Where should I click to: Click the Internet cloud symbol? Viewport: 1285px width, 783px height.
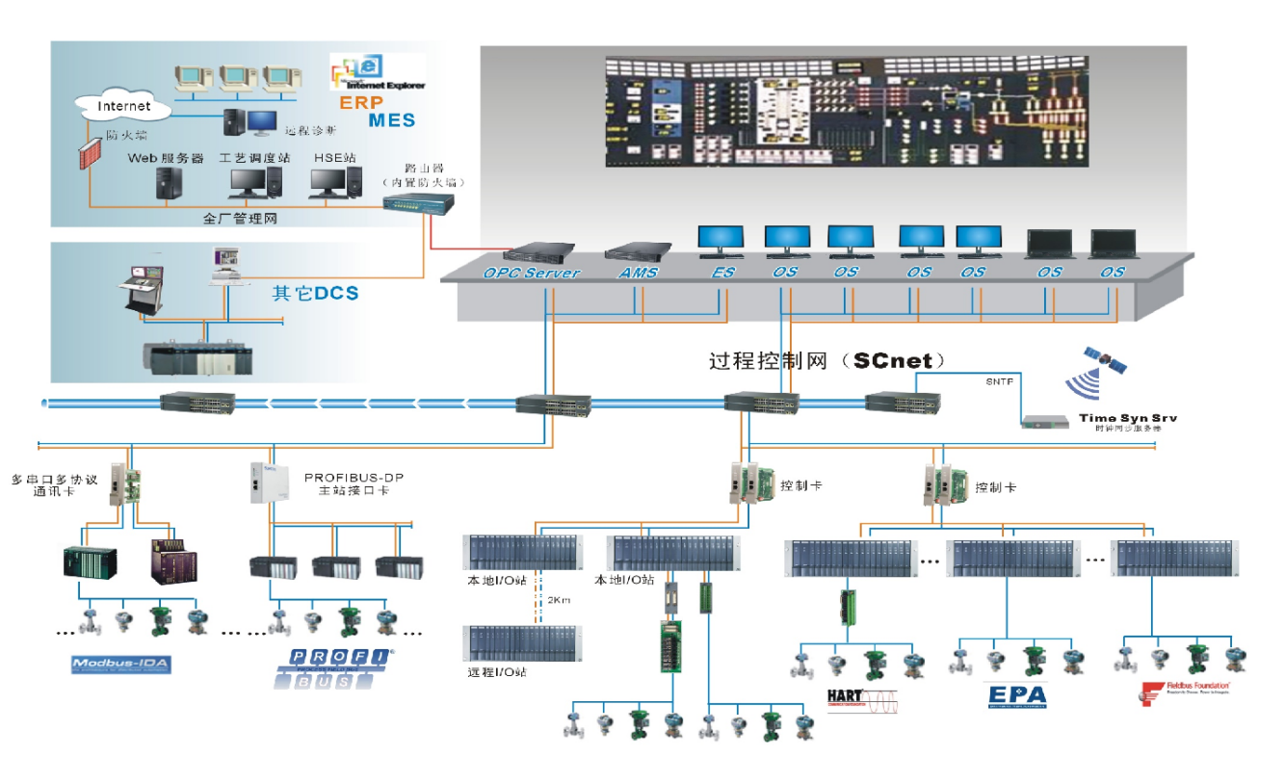(124, 105)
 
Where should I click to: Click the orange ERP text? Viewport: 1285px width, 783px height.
(360, 103)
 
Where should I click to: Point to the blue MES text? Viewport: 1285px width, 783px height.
(391, 120)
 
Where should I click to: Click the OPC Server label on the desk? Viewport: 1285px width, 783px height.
(532, 273)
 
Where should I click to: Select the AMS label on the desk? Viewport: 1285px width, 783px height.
(638, 273)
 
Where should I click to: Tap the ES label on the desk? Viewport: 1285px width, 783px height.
(722, 273)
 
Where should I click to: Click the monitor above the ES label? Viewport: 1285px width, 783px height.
(721, 239)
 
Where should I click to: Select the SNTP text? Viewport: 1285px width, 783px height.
(999, 381)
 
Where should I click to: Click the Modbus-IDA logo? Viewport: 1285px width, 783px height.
(121, 665)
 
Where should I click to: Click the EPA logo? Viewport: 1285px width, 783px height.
(1015, 694)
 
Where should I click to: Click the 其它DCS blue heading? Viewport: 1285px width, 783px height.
(315, 294)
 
